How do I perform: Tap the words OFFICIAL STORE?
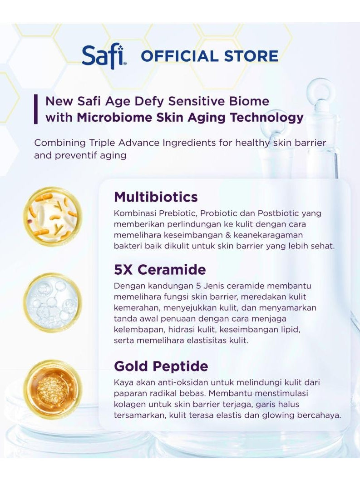click(x=209, y=56)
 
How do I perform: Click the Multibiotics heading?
click(x=156, y=197)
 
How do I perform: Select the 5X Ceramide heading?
click(x=160, y=270)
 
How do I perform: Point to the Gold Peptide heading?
click(x=161, y=366)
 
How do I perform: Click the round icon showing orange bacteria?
click(x=53, y=217)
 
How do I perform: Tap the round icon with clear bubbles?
click(x=53, y=302)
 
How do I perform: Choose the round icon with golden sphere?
click(x=53, y=388)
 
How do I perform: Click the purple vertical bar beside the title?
click(x=36, y=109)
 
